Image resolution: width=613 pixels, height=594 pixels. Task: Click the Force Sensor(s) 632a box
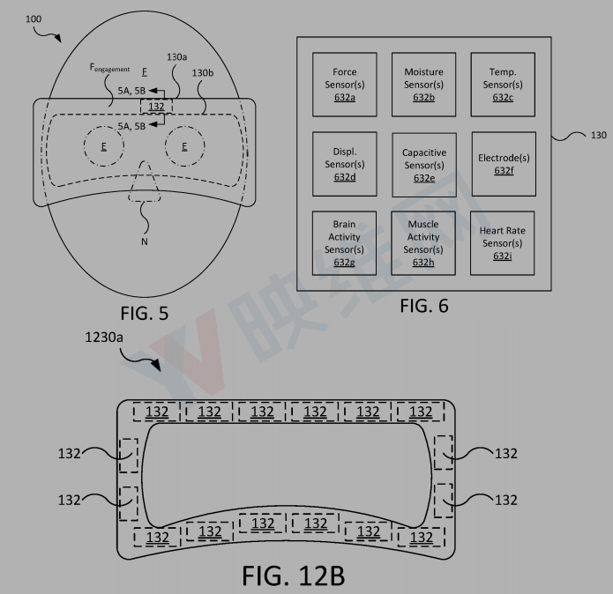pos(344,85)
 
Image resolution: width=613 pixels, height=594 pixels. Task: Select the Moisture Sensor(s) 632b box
pos(423,85)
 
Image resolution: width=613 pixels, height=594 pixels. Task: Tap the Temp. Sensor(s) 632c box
pos(503,85)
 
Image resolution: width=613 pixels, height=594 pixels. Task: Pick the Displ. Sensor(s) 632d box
pos(344,164)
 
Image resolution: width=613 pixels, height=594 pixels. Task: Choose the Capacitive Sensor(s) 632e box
pos(424,165)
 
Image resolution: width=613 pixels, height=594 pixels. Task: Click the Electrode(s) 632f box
pos(504,164)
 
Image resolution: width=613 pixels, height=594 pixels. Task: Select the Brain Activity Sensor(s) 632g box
pos(344,243)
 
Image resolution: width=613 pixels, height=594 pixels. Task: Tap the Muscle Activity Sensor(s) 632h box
pos(423,243)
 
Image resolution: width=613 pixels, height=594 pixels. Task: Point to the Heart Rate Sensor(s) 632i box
pos(503,243)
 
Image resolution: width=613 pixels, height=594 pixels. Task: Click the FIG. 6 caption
pos(423,306)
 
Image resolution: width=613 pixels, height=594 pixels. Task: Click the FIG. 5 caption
pos(145,313)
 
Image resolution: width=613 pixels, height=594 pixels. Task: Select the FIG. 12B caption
pos(293,575)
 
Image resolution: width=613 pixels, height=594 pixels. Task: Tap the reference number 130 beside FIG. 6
pos(599,135)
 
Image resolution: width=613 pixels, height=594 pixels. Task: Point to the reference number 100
pos(34,19)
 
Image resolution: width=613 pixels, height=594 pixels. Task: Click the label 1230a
pos(103,337)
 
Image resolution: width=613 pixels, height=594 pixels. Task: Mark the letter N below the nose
pos(145,241)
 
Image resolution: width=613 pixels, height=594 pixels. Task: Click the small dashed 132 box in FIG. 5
pos(156,107)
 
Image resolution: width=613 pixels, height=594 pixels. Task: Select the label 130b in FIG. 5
pos(203,73)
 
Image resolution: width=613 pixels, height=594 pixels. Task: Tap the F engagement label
pos(110,68)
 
